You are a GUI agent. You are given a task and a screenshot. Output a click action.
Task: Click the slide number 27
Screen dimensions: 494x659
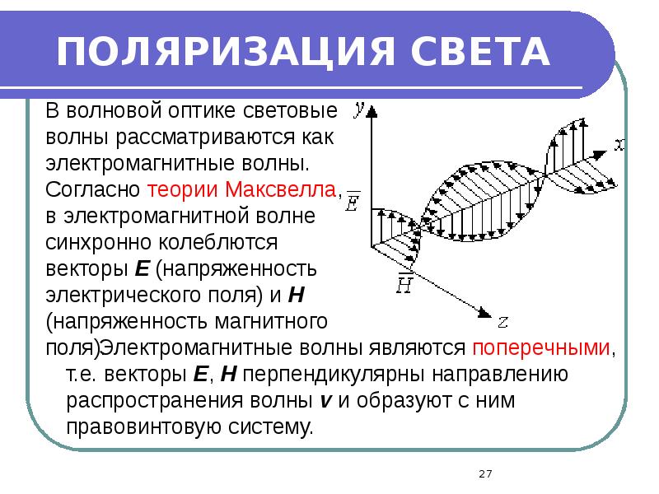(x=484, y=473)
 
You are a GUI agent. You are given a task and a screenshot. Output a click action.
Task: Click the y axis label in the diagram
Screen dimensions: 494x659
(x=359, y=107)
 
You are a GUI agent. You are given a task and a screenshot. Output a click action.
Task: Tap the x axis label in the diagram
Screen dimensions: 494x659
(x=619, y=146)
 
